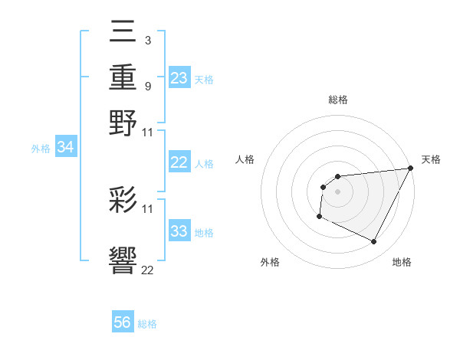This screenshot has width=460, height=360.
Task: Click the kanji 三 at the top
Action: pyautogui.click(x=123, y=35)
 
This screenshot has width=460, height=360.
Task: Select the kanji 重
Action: pyautogui.click(x=123, y=79)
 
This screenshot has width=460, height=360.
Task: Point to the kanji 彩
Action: pyautogui.click(x=123, y=200)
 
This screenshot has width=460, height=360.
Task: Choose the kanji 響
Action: pyautogui.click(x=123, y=261)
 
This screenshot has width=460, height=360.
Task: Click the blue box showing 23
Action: pyautogui.click(x=179, y=78)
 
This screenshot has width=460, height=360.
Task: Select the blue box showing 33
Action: pyautogui.click(x=179, y=232)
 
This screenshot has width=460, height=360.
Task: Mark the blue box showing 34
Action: pyautogui.click(x=65, y=148)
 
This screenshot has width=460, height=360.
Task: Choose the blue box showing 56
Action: pyautogui.click(x=123, y=323)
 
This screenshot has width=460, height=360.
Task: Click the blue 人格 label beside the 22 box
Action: pyautogui.click(x=204, y=163)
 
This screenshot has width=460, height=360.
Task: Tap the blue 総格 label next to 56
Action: pyautogui.click(x=147, y=324)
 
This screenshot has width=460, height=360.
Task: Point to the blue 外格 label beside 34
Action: pyautogui.click(x=41, y=149)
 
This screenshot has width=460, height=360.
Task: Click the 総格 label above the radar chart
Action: pyautogui.click(x=337, y=100)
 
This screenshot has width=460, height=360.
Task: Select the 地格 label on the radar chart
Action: pyautogui.click(x=402, y=262)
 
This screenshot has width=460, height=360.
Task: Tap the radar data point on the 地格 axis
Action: pyautogui.click(x=374, y=242)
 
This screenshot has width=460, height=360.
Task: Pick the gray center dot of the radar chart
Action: pyautogui.click(x=337, y=191)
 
